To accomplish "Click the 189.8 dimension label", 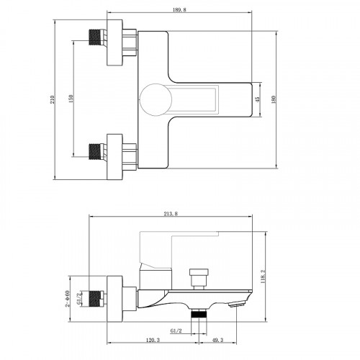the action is tap(179, 10).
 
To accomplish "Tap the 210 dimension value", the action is tap(52, 99).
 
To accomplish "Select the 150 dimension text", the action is tap(71, 99).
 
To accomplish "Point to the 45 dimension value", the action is tap(257, 99).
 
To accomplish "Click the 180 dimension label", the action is tap(274, 99).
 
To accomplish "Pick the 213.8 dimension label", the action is tap(171, 214).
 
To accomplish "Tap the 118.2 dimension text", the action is tap(263, 276).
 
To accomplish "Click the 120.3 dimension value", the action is tap(153, 340).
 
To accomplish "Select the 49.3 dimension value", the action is tap(218, 340).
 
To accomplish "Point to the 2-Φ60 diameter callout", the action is tap(68, 299).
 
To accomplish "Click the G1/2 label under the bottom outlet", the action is tap(176, 330).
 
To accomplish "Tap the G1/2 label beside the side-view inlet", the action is tap(79, 299).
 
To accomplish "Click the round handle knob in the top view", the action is tap(156, 99).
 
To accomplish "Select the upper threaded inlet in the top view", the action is tap(98, 37).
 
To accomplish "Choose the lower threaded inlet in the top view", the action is tap(98, 152).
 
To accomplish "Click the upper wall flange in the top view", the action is tap(114, 42).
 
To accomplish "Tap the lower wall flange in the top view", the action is tap(114, 157).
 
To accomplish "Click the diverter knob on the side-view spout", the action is tap(199, 279).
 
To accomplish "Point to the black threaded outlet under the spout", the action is tap(199, 314).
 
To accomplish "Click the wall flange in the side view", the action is tap(114, 299).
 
